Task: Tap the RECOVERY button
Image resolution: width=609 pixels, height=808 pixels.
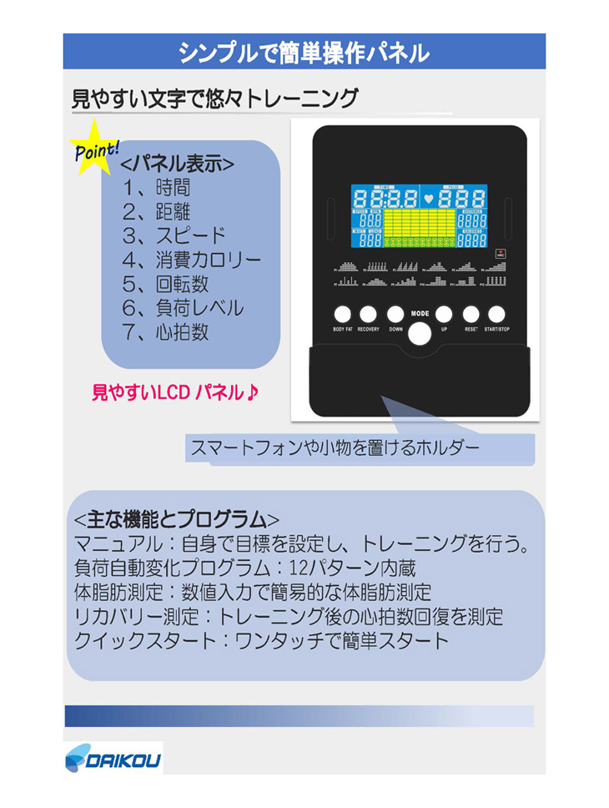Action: (x=369, y=315)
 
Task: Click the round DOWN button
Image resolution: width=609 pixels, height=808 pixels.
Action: (x=395, y=315)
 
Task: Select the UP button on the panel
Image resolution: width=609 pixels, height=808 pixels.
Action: (x=444, y=315)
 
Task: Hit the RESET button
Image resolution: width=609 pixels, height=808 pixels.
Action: (x=471, y=315)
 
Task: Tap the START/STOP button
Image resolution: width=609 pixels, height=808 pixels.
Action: (x=497, y=315)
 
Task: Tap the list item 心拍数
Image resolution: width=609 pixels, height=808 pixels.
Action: (x=167, y=331)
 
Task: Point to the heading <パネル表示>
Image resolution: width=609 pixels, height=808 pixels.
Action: (x=177, y=163)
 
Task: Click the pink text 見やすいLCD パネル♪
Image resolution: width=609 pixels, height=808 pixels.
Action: (x=174, y=391)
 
